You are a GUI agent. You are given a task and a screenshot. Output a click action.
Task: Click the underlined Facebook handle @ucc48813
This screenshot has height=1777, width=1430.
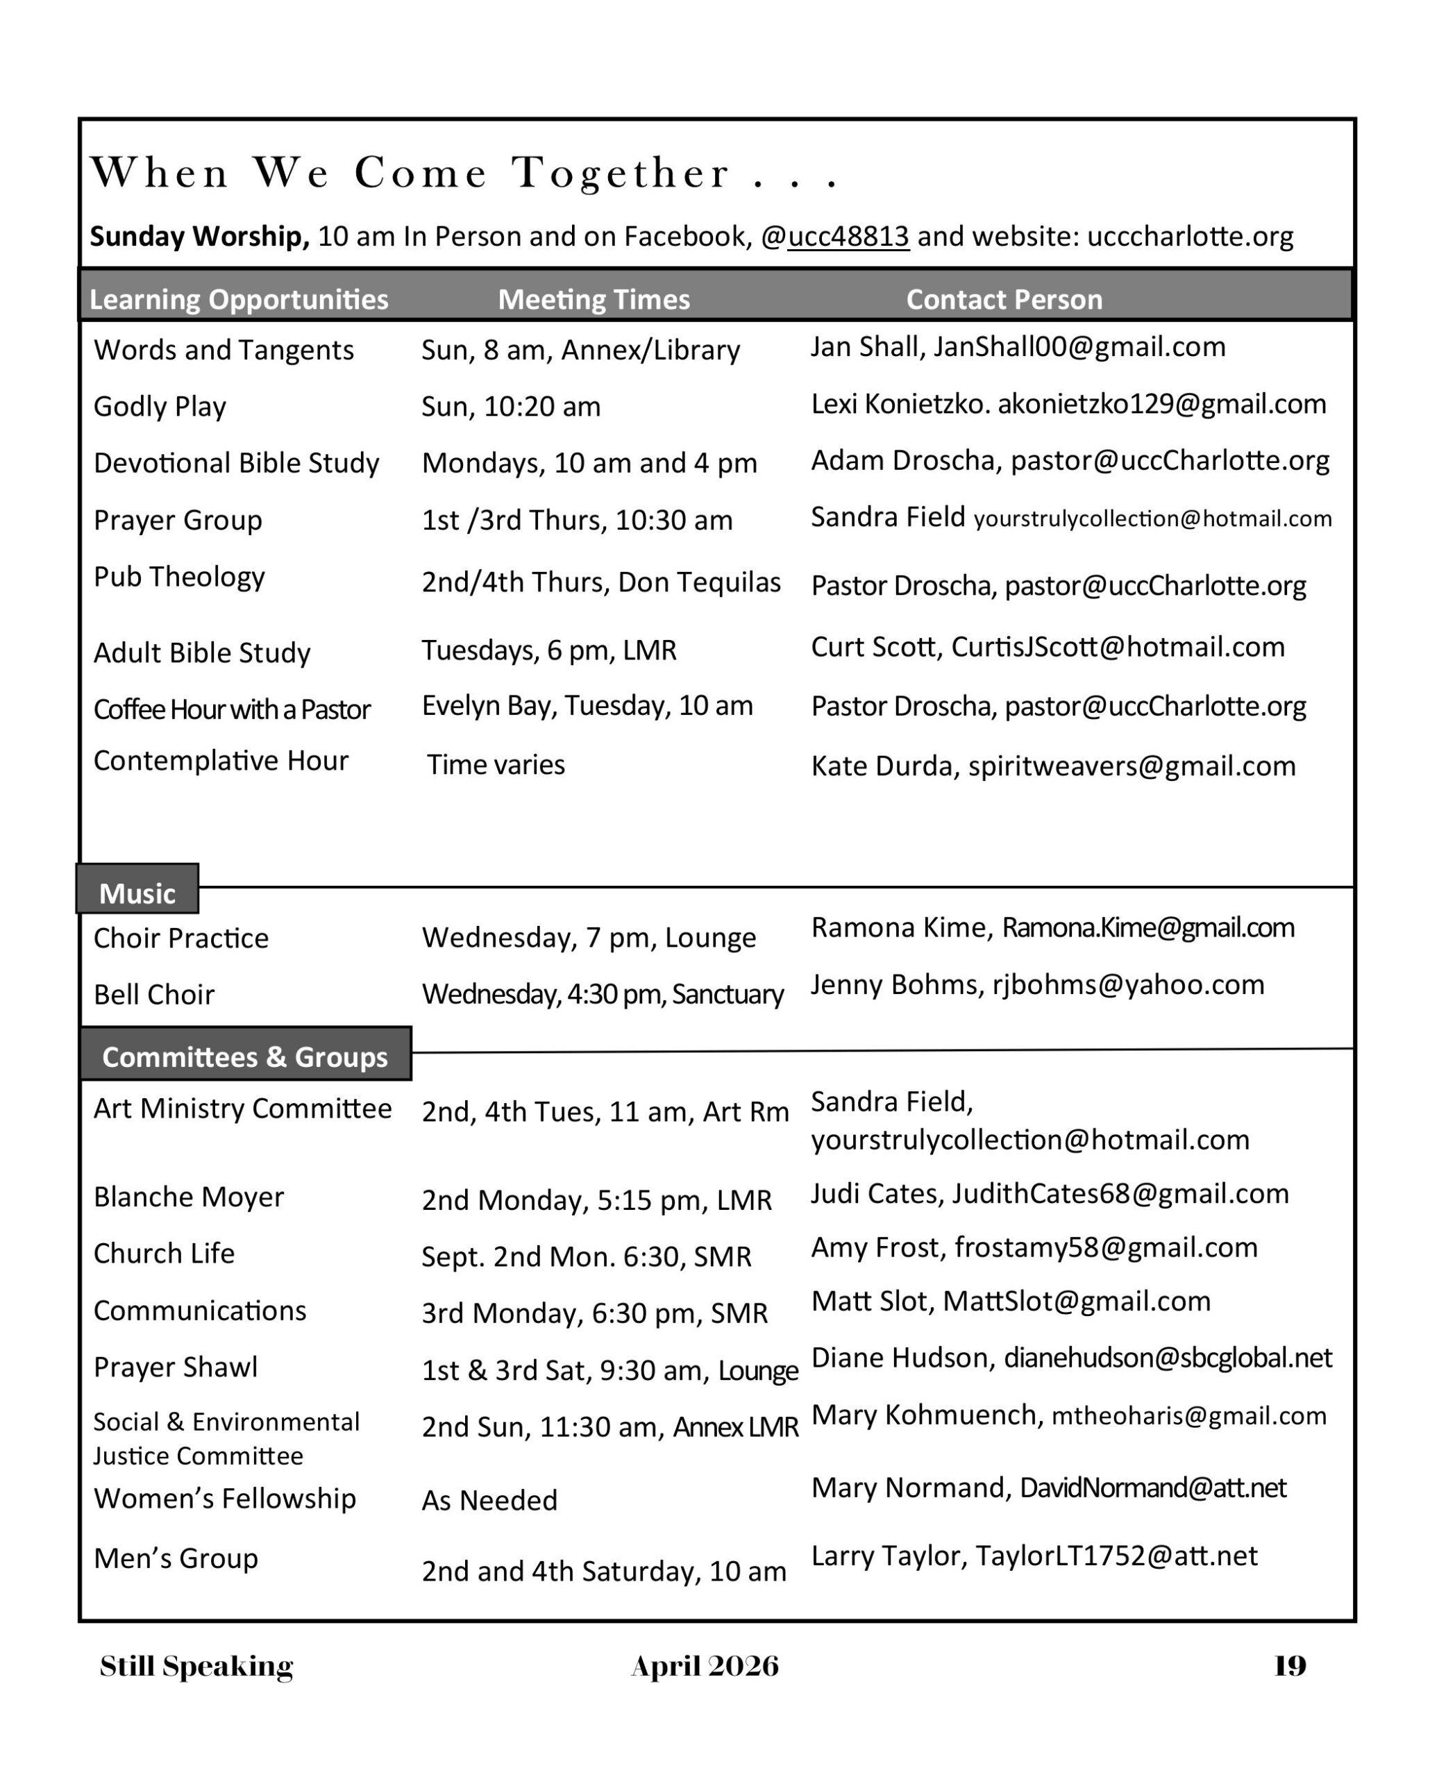(848, 237)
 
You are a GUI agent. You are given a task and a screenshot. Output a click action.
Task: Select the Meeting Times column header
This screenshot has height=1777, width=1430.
(594, 299)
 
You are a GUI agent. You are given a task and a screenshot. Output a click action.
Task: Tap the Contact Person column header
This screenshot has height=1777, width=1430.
(1004, 299)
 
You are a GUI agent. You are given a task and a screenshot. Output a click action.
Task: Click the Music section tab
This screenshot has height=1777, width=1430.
(137, 893)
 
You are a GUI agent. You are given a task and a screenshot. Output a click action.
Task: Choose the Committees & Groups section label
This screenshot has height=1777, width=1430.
(245, 1056)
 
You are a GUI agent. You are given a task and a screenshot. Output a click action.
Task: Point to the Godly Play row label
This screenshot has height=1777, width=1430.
(160, 406)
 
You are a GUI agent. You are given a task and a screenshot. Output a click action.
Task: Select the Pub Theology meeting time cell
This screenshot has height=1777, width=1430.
(601, 582)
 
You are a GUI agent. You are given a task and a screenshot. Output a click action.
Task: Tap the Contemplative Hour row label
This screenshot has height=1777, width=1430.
(221, 760)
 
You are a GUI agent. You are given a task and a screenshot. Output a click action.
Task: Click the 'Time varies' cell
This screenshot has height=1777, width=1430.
(496, 765)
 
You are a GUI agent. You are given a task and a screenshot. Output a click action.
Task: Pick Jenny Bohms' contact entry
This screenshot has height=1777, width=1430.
(1037, 984)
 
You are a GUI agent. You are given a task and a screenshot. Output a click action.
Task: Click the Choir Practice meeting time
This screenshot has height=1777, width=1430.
(589, 938)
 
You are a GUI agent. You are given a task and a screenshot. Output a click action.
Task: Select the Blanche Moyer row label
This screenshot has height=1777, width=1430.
(189, 1197)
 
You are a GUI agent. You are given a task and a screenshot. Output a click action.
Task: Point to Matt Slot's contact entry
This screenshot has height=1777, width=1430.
(1011, 1301)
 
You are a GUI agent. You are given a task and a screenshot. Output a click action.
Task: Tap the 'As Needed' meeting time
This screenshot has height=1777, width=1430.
(489, 1500)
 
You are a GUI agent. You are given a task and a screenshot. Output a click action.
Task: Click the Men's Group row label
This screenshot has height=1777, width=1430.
(176, 1558)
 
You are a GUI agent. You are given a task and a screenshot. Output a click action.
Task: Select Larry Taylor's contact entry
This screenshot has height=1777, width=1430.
(1034, 1556)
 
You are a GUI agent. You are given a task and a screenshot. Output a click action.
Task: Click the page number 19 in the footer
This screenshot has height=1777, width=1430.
(1289, 1666)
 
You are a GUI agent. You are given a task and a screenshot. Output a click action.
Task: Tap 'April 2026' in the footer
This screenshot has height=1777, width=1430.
(705, 1666)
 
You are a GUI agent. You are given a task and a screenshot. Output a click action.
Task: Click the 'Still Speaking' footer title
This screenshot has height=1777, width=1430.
(196, 1666)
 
